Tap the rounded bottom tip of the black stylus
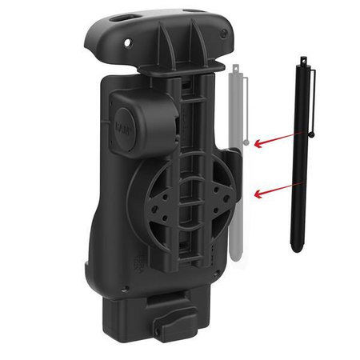point(294,249)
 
